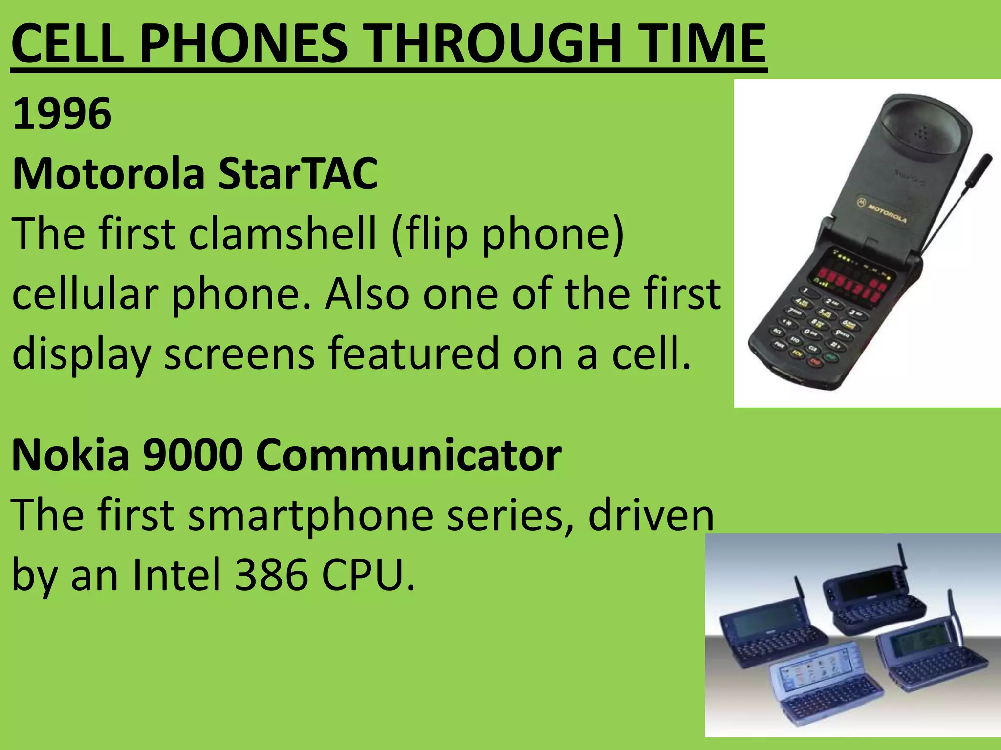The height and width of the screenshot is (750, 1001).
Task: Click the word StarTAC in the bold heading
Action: click(x=298, y=174)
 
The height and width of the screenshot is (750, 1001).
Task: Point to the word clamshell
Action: click(x=283, y=233)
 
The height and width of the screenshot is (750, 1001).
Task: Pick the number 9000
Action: click(x=193, y=455)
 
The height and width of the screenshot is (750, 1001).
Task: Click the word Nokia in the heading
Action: click(x=70, y=455)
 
